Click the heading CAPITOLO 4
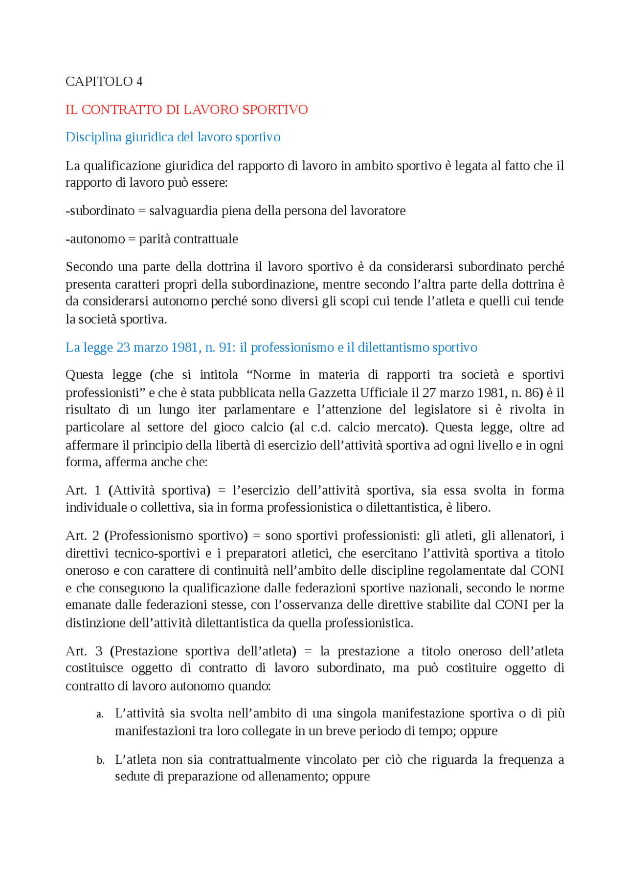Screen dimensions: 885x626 (x=104, y=82)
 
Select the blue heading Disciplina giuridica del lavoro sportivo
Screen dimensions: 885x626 (x=173, y=137)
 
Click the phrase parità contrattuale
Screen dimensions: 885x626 (x=189, y=239)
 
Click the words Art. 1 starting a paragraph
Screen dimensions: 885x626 (x=83, y=490)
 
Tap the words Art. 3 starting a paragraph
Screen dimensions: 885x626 (x=84, y=651)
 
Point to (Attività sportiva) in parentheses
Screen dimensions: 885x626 (x=159, y=490)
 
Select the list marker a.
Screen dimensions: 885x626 (x=100, y=714)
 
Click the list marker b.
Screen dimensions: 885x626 (x=100, y=760)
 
